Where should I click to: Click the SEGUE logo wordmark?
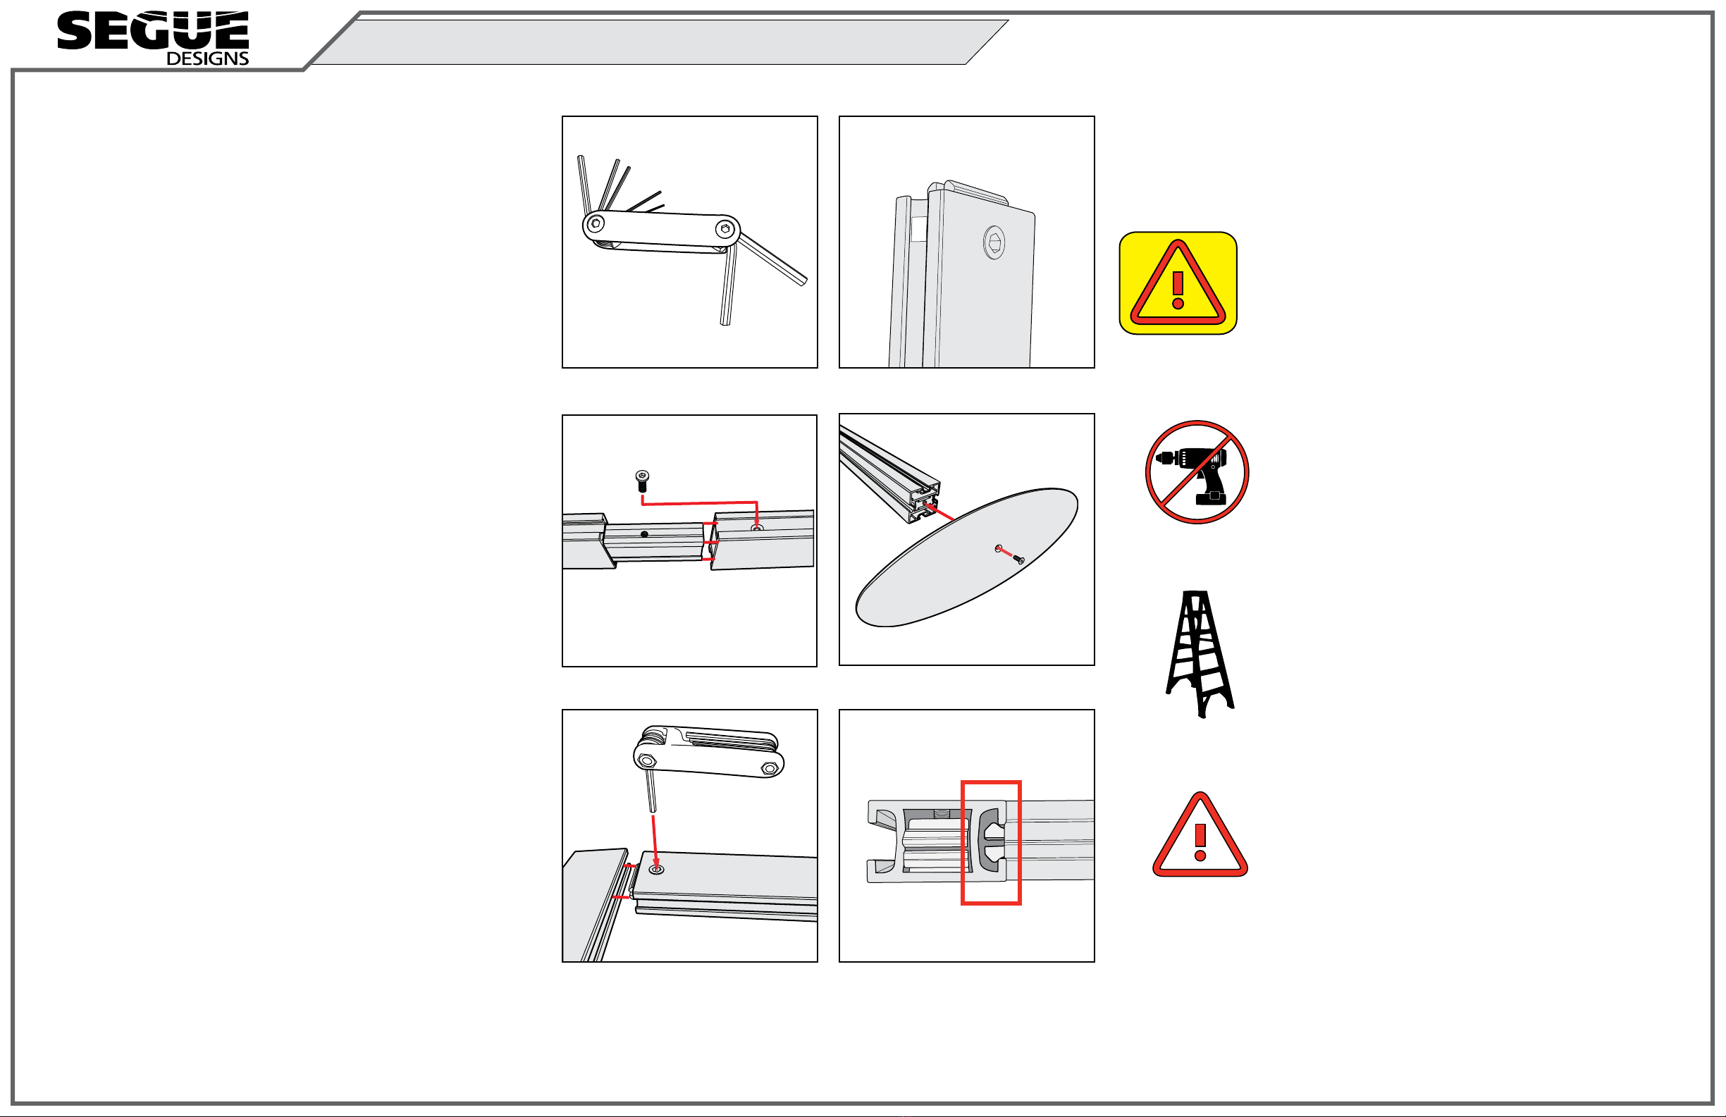(x=153, y=30)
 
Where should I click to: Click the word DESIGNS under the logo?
(x=207, y=58)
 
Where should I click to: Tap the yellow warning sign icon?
(x=1178, y=283)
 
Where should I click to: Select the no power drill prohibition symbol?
(x=1197, y=471)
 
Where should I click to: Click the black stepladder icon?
(x=1200, y=653)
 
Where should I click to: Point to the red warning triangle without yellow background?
(x=1200, y=835)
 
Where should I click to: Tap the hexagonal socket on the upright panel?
(x=994, y=242)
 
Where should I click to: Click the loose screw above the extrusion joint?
(x=642, y=481)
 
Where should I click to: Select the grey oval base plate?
(x=967, y=557)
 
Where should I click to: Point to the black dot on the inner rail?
(x=644, y=535)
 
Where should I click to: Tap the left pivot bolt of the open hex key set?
(x=596, y=223)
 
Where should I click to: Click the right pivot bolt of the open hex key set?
(x=725, y=229)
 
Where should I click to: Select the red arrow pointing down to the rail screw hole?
(x=654, y=841)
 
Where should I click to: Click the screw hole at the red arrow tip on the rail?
(x=656, y=869)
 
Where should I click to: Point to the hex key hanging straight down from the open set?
(x=728, y=284)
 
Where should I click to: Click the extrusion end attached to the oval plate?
(x=925, y=500)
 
